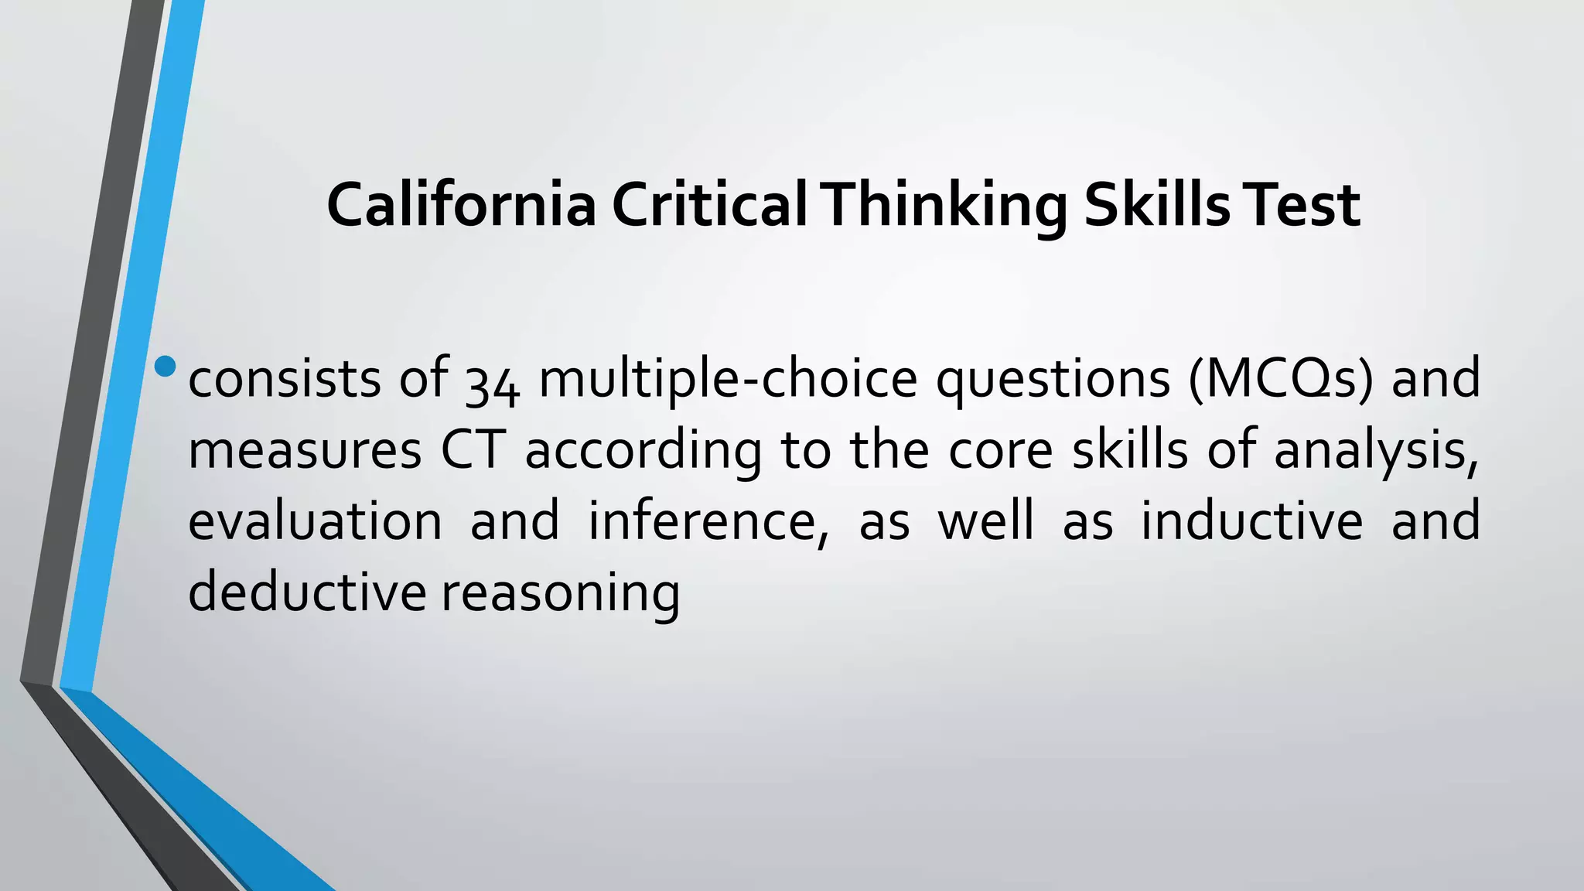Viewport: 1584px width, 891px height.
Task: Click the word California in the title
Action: (461, 205)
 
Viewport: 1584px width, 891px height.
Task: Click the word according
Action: (643, 451)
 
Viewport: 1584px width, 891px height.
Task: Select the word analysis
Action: (1376, 451)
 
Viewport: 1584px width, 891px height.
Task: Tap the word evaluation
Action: (315, 521)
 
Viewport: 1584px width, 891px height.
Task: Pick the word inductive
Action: (1251, 521)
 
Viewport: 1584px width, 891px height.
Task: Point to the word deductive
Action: (307, 592)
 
